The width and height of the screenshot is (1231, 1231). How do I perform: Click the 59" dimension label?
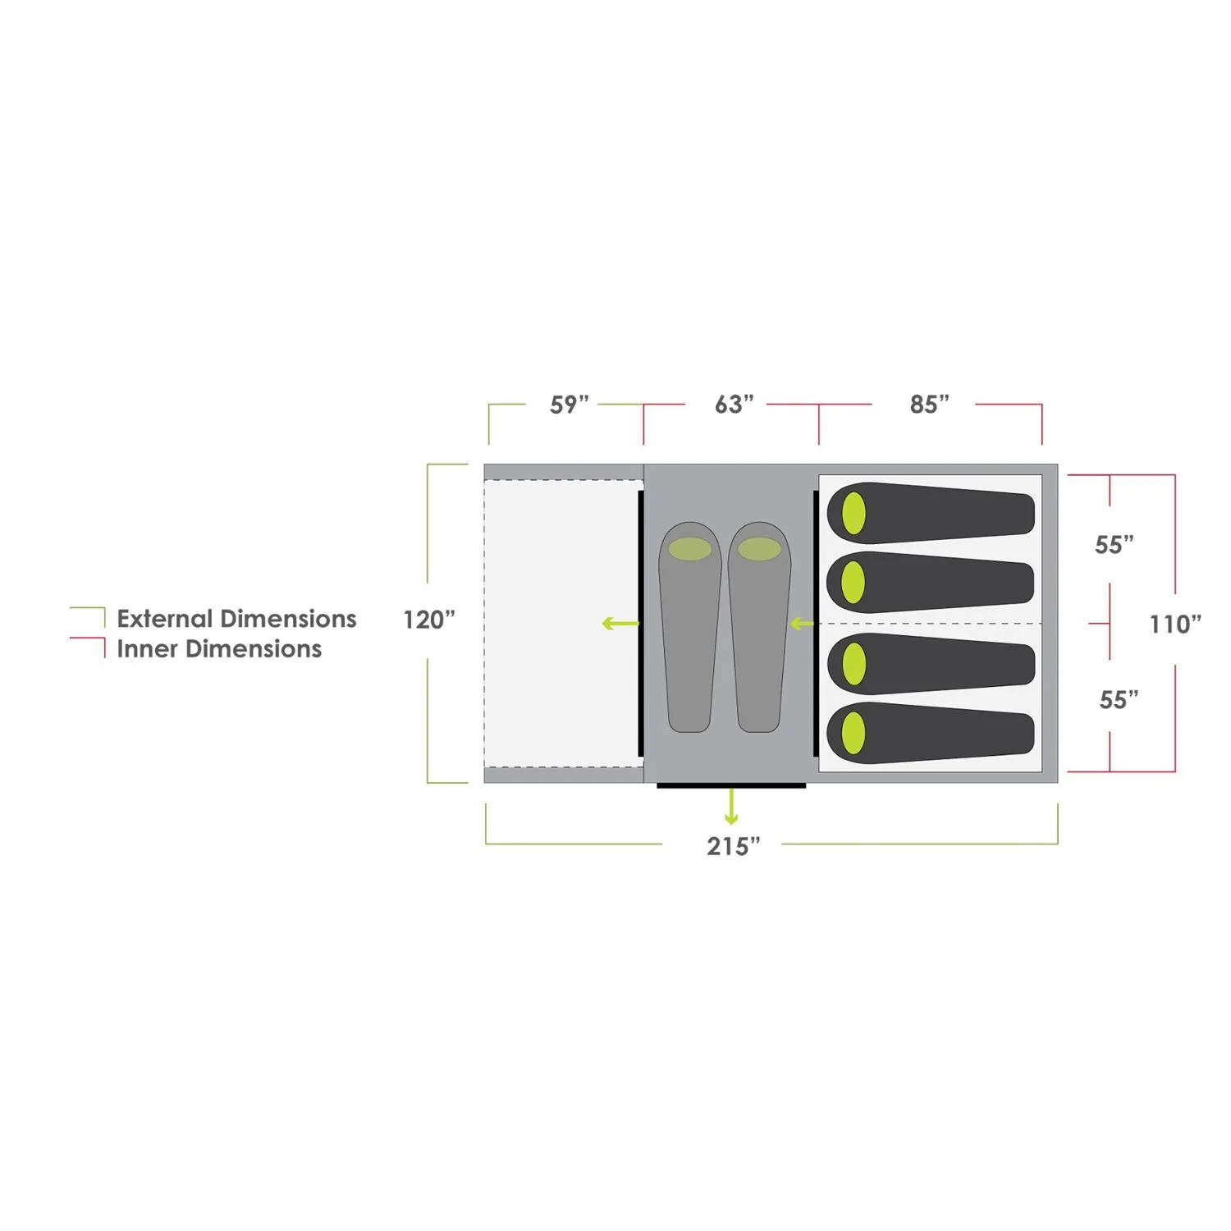point(569,405)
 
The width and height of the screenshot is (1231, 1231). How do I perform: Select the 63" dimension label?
point(734,405)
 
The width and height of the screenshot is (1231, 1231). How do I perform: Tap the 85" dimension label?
point(929,405)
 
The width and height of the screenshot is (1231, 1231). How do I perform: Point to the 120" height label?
point(428,620)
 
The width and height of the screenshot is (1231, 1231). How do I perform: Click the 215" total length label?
point(733,846)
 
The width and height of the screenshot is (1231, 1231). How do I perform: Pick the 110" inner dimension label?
point(1174,625)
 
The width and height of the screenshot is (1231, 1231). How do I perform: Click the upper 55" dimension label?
point(1114,545)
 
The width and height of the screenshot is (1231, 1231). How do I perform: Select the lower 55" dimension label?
point(1119,700)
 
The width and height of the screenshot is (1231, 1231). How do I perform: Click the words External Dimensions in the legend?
point(236,619)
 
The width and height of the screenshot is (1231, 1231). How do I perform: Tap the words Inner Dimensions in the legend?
point(219,649)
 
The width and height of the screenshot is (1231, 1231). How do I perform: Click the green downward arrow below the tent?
point(731,808)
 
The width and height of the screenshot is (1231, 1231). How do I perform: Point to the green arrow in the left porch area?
point(620,624)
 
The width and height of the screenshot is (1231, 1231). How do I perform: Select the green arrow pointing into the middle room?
point(801,625)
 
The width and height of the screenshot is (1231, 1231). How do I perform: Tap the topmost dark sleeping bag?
point(931,513)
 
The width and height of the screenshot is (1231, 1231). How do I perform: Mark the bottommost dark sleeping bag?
point(931,733)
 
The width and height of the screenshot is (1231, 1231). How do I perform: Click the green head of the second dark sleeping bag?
point(853,583)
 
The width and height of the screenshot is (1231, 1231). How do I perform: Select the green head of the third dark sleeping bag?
point(854,663)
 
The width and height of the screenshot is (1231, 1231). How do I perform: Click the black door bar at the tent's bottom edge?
point(731,786)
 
